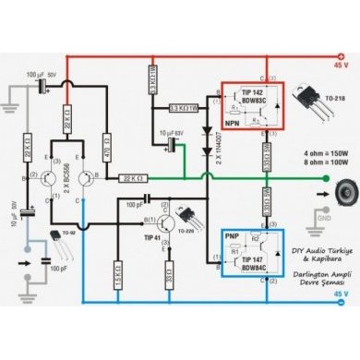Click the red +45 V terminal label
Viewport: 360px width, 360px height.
click(x=342, y=66)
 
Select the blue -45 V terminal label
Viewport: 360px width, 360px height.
click(x=342, y=294)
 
